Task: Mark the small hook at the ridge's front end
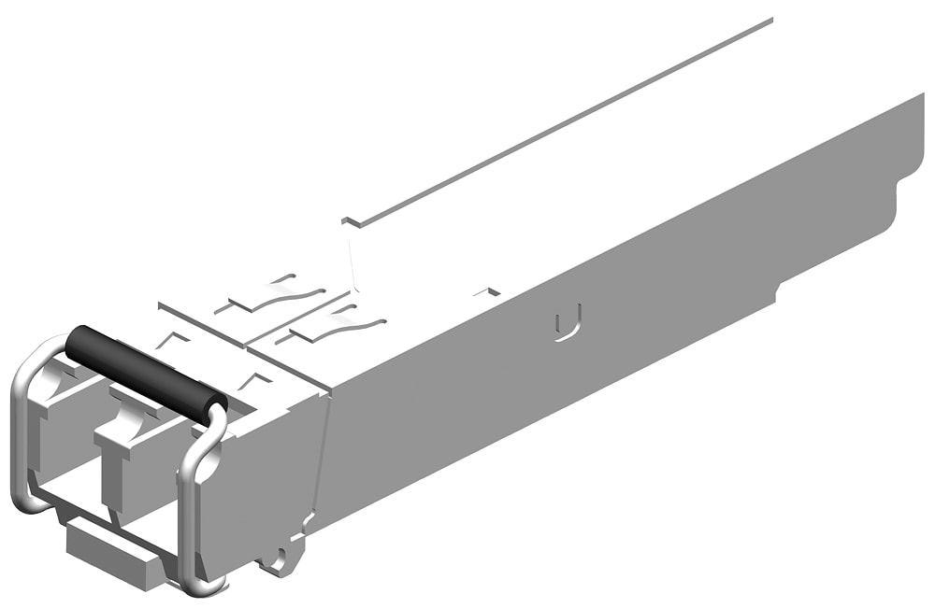[x=350, y=221]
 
